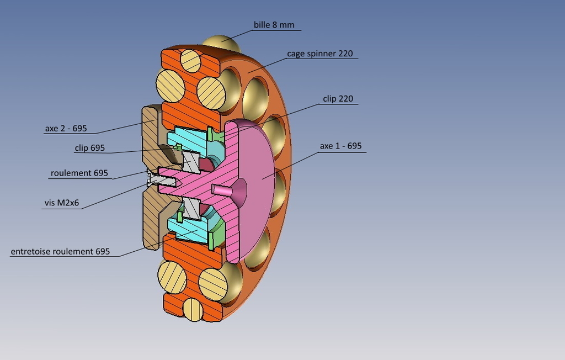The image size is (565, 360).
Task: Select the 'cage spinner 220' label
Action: click(319, 54)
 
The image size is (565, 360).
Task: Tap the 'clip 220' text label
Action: click(338, 99)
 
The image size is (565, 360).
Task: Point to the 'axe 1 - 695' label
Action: click(340, 146)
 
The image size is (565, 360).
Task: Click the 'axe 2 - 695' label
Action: click(66, 129)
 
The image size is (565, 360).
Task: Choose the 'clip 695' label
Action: click(89, 148)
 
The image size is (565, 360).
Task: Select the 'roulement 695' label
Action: click(79, 173)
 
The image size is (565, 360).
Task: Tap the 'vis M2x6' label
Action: click(62, 203)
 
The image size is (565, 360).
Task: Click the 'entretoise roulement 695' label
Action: click(60, 252)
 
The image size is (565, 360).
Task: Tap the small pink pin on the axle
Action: click(223, 189)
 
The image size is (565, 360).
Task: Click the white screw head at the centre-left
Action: click(150, 178)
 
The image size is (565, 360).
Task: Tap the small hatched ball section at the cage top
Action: click(190, 60)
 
